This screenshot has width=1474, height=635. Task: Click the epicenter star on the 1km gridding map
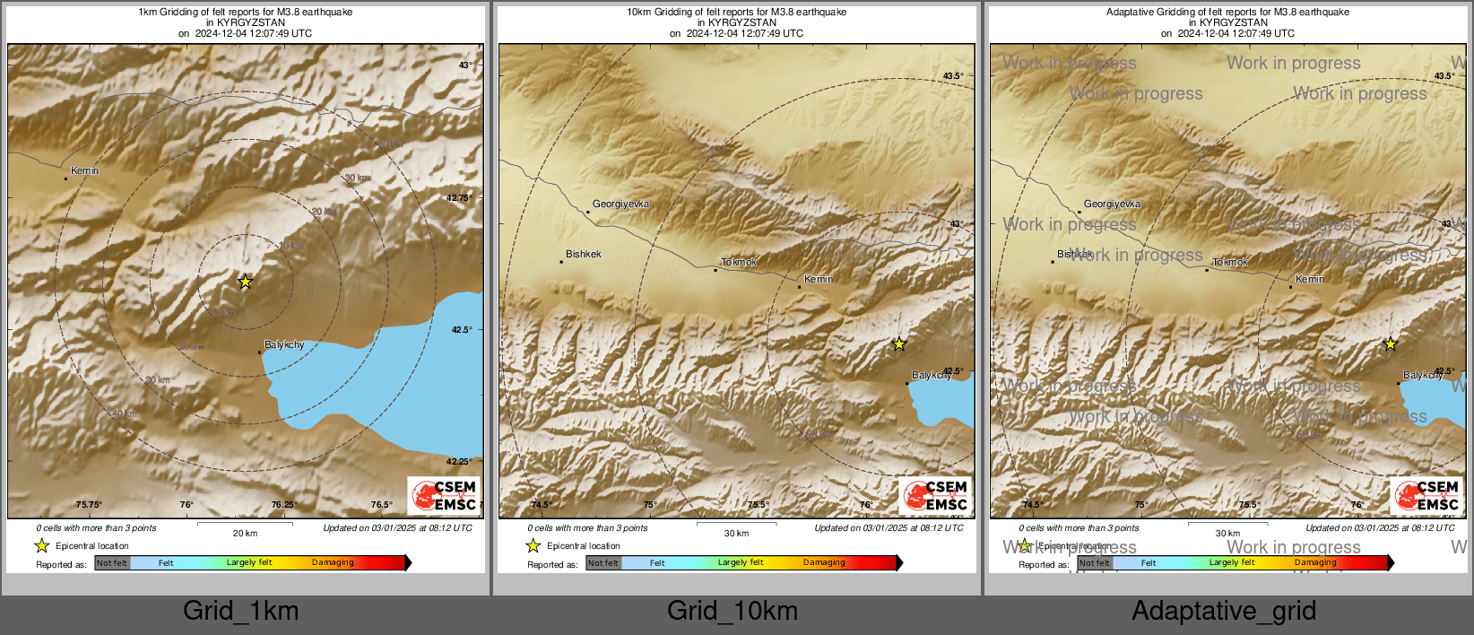pyautogui.click(x=245, y=282)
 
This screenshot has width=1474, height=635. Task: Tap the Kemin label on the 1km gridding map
pyautogui.click(x=85, y=170)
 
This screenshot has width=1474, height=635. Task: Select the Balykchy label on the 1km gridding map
pyautogui.click(x=284, y=344)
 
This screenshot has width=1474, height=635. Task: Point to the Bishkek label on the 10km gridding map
pyautogui.click(x=583, y=255)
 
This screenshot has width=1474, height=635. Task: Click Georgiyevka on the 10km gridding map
pyautogui.click(x=620, y=204)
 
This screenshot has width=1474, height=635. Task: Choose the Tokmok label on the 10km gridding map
pyautogui.click(x=739, y=263)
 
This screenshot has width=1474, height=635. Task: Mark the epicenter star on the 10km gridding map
pyautogui.click(x=898, y=344)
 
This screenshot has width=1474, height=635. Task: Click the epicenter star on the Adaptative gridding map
pyautogui.click(x=1390, y=344)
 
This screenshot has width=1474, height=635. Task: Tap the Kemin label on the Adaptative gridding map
pyautogui.click(x=1309, y=279)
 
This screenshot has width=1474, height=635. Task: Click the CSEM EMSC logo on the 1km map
pyautogui.click(x=445, y=495)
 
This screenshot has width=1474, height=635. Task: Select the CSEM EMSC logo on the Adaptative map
pyautogui.click(x=1427, y=495)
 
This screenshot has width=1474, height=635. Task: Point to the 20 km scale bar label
pyautogui.click(x=245, y=533)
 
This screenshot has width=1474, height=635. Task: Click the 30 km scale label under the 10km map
pyautogui.click(x=736, y=533)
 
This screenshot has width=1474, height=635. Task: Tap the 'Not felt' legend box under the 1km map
pyautogui.click(x=112, y=563)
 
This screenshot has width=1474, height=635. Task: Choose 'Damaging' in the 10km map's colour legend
pyautogui.click(x=824, y=563)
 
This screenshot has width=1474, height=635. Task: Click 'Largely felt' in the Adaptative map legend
pyautogui.click(x=1232, y=563)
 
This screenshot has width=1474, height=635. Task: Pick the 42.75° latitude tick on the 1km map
pyautogui.click(x=459, y=198)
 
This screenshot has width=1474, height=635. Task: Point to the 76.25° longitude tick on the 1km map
pyautogui.click(x=284, y=505)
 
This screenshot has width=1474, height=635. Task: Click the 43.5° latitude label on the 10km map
pyautogui.click(x=953, y=76)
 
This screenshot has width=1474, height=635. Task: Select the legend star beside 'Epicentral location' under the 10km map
pyautogui.click(x=533, y=545)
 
